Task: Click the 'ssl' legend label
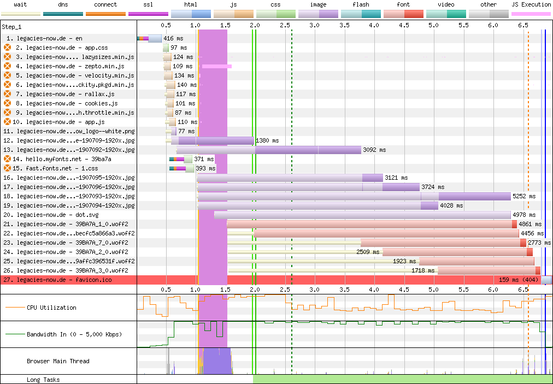(x=148, y=4)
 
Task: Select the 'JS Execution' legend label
(x=531, y=4)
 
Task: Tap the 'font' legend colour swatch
(x=403, y=14)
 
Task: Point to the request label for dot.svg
(x=58, y=215)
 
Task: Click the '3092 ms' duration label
(x=374, y=150)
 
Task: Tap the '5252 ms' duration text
(x=524, y=197)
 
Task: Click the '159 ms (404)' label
(x=519, y=280)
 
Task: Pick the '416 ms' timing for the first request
(x=174, y=38)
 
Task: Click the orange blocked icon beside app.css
(x=8, y=48)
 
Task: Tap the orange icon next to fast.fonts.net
(x=8, y=168)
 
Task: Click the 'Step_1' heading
(x=11, y=27)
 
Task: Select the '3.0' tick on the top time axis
(x=314, y=25)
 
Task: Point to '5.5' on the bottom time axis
(x=463, y=290)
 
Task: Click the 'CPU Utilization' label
(x=51, y=308)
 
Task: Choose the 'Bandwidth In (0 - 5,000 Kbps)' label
(x=74, y=334)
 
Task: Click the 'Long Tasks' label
(x=43, y=380)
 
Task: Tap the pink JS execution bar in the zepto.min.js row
(x=217, y=66)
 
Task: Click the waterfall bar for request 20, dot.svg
(x=362, y=215)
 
